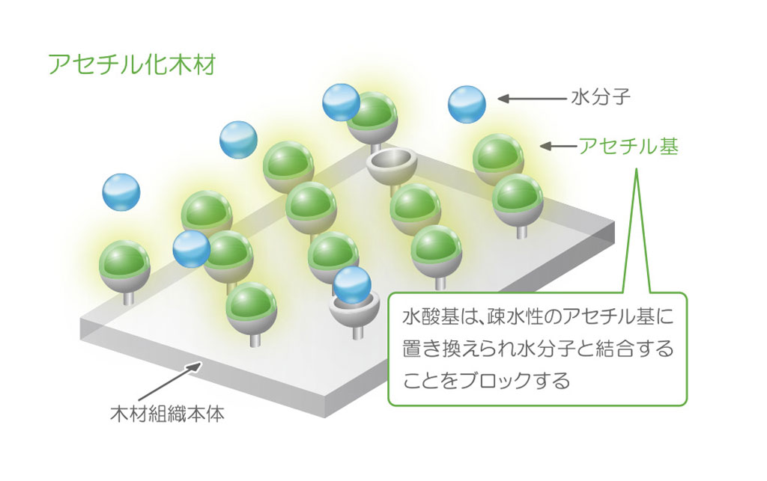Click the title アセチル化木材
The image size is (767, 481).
(x=132, y=64)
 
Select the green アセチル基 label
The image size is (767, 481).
(x=628, y=147)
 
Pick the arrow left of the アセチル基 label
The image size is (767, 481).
(x=557, y=147)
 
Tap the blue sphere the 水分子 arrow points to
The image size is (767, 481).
(x=467, y=104)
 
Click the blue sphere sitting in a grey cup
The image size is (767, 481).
(x=352, y=285)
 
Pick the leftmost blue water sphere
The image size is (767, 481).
(x=121, y=192)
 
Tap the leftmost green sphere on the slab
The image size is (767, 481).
(x=124, y=260)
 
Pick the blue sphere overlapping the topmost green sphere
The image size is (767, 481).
(x=341, y=102)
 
